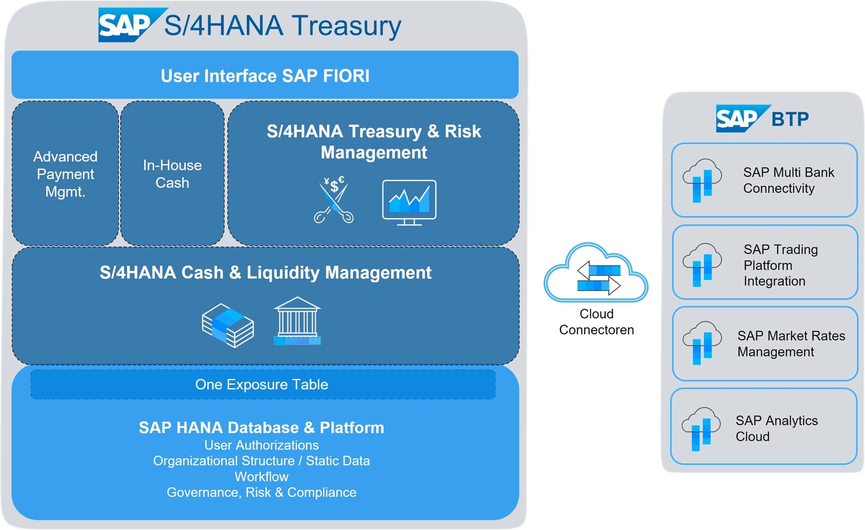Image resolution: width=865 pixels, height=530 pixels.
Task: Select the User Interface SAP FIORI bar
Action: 265,75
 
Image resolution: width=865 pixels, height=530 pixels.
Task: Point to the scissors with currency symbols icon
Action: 333,200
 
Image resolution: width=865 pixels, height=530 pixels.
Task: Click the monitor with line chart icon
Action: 409,202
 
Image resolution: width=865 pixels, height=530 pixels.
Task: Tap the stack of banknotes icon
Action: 228,325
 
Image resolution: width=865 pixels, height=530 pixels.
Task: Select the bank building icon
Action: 297,321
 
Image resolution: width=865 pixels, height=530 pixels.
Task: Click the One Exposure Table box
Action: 262,384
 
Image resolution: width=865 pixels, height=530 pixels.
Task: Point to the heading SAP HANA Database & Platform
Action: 261,428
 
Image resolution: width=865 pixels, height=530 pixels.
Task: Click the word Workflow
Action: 261,477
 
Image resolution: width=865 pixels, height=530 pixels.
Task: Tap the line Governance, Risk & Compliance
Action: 261,492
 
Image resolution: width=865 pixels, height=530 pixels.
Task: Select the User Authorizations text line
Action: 261,445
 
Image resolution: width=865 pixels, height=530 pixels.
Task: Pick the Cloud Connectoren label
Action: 596,322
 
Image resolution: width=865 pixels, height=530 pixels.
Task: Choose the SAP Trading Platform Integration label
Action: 780,265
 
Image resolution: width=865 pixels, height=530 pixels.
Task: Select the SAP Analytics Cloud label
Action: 776,428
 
